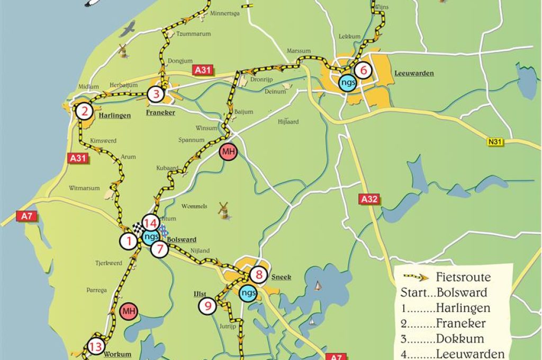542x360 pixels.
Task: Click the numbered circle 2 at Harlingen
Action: coord(84,112)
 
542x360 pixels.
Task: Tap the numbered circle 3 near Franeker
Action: coord(156,95)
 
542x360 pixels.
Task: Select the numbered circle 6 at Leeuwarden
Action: coord(363,70)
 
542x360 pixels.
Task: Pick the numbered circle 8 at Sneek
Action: coord(259,275)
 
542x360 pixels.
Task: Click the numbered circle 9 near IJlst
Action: coord(207,305)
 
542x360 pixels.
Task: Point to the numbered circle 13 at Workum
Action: coord(96,347)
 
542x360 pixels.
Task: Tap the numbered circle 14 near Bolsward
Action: coord(150,223)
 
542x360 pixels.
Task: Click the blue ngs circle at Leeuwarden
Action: coord(348,83)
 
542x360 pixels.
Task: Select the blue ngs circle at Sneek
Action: coord(248,293)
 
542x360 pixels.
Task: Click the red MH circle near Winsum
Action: coord(228,152)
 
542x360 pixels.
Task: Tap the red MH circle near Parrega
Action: coord(128,311)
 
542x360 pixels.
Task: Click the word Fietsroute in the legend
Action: coord(463,277)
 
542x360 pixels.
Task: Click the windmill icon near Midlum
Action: coord(123,51)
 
